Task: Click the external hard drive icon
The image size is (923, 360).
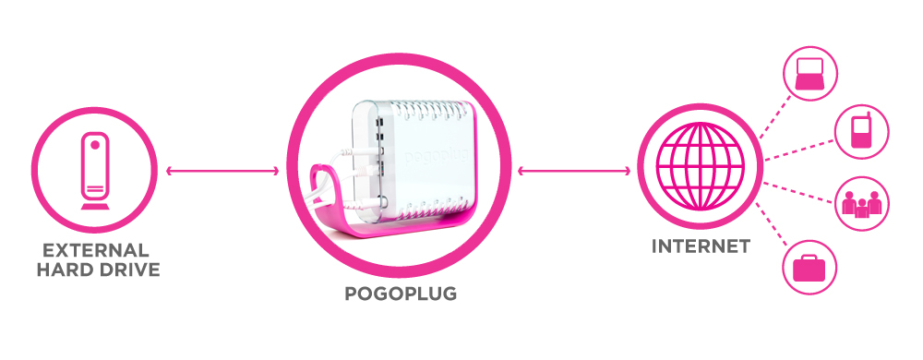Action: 95,170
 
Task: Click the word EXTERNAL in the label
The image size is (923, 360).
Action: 94,250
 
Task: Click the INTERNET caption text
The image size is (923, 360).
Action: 700,246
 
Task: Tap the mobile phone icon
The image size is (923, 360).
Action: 860,132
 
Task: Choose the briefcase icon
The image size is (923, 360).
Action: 809,268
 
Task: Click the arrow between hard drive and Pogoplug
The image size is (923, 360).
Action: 221,170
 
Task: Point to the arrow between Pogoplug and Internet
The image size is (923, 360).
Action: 573,170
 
